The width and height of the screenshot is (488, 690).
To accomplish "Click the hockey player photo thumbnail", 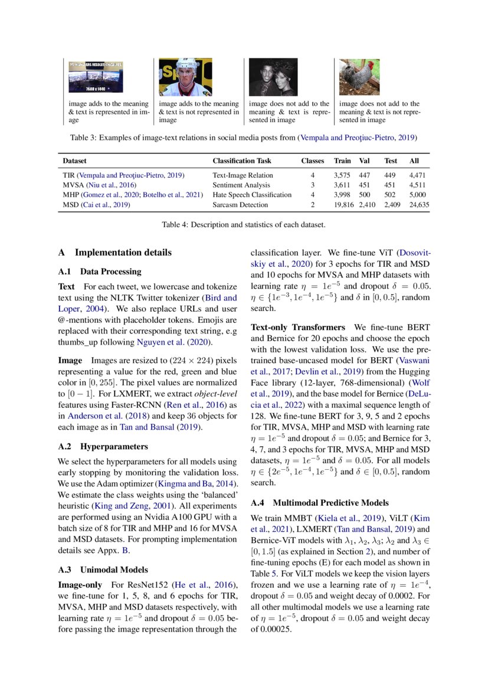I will (177, 77).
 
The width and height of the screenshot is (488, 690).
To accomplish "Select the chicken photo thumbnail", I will (359, 77).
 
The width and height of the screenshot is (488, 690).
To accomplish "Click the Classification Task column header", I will (242, 161).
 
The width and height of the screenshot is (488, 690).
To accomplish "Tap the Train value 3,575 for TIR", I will (342, 175).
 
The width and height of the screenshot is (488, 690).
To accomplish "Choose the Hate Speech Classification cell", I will (252, 195).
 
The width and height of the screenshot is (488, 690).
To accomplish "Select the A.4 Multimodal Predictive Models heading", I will (319, 503).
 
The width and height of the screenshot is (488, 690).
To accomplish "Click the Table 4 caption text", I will (244, 224).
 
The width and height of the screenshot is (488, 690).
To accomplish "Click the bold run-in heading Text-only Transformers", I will (298, 327).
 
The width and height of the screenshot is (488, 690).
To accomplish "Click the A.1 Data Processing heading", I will (100, 272).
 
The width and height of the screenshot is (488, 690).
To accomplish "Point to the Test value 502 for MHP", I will (390, 195).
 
